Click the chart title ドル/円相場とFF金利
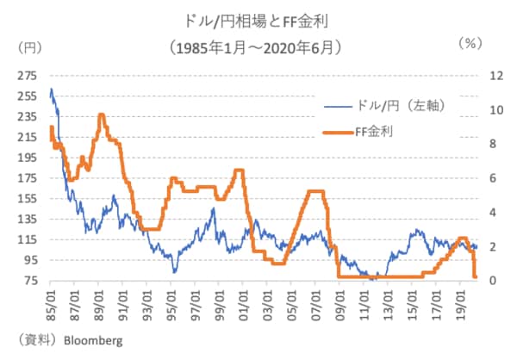[x=258, y=18]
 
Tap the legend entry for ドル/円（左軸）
[x=398, y=105]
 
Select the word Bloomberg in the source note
[x=93, y=340]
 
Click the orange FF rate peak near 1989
[x=102, y=115]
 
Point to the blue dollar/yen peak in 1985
[x=51, y=89]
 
